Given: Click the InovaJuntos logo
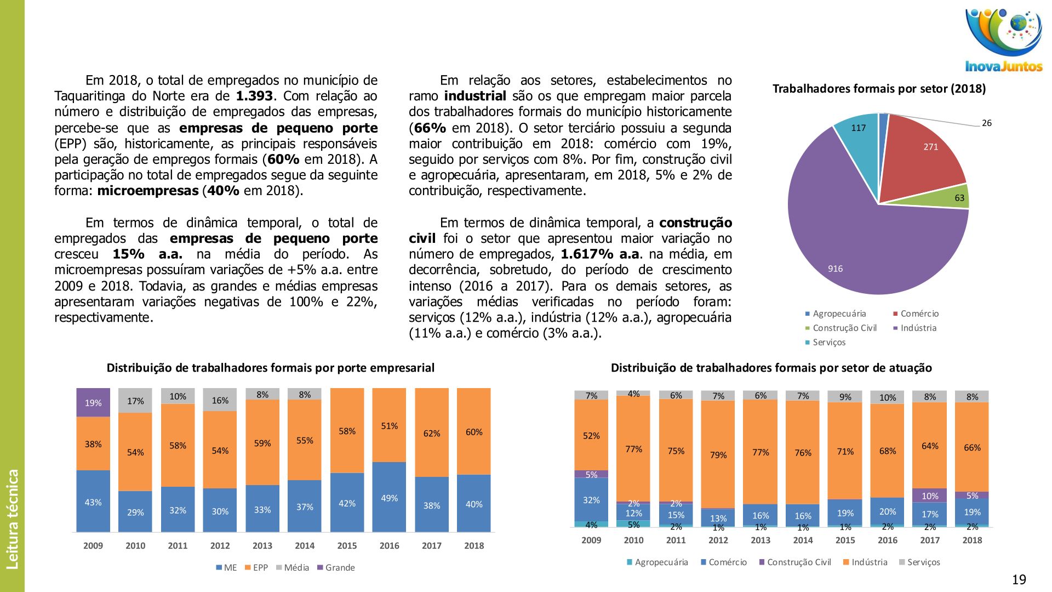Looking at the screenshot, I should (1003, 41).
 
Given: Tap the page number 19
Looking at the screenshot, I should (1019, 579).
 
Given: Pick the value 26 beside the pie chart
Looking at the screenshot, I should (986, 123).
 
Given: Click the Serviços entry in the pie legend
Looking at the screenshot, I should (828, 343).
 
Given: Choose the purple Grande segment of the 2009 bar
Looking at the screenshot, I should (93, 403).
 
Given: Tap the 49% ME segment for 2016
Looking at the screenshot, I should (389, 497).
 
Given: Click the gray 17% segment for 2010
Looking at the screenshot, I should (135, 401).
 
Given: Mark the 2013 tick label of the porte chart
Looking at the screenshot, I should (262, 546).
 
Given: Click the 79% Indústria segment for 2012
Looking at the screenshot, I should (718, 454).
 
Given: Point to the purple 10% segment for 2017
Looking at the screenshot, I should (930, 496).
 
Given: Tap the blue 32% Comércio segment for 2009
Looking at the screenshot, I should (591, 499).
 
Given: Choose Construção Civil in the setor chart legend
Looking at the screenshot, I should (798, 562).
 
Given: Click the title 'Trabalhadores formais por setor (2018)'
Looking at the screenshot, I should (879, 89).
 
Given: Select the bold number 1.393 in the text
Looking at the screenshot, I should (254, 96).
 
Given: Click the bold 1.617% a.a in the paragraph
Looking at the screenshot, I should (599, 254).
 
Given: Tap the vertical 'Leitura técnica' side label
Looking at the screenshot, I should (12, 519).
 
